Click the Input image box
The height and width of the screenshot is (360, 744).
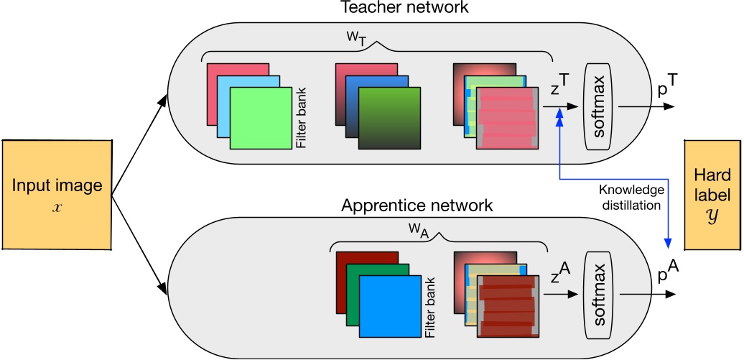(56, 194)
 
